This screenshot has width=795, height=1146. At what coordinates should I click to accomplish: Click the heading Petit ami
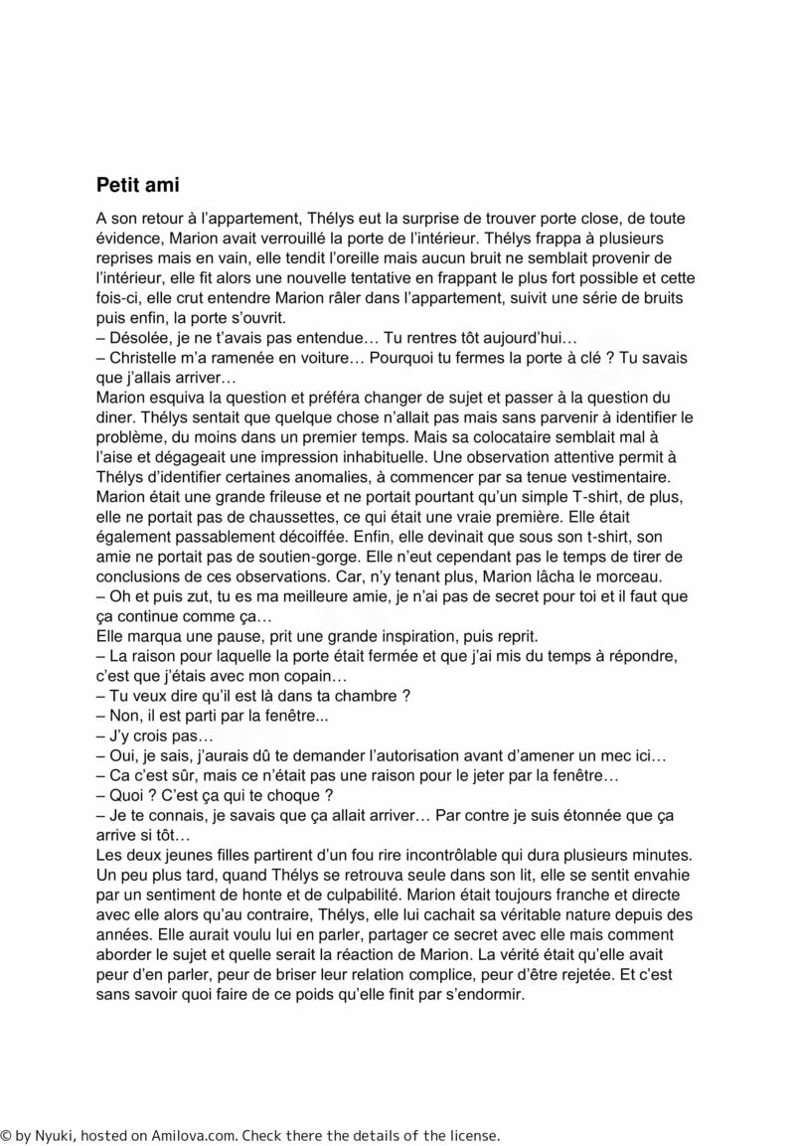pos(137,185)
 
